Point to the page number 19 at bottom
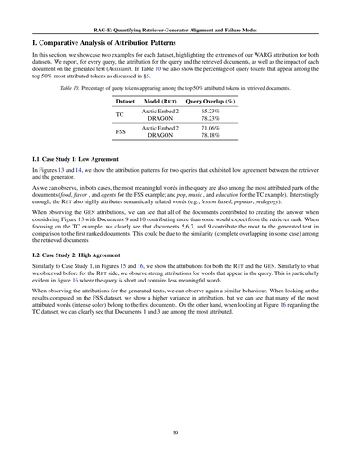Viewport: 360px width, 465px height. (x=180, y=432)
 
